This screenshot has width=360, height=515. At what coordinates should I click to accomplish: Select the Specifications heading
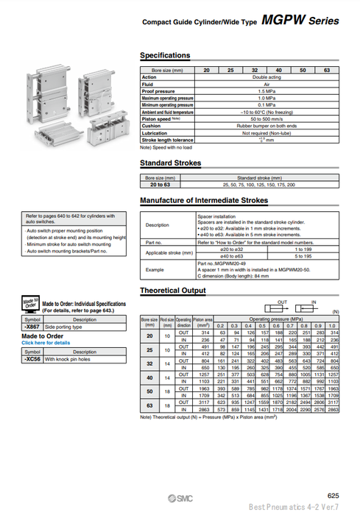pos(165,56)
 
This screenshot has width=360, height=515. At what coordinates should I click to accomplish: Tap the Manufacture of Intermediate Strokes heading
pos(204,200)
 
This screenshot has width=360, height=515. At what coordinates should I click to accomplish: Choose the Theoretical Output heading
pos(174,291)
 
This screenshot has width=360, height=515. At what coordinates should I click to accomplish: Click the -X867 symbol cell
pos(32,326)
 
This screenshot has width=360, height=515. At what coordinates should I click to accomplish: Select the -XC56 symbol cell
pos(32,360)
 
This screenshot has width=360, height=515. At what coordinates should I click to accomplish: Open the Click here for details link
pos(46,343)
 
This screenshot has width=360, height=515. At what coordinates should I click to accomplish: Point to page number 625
pos(333,496)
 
